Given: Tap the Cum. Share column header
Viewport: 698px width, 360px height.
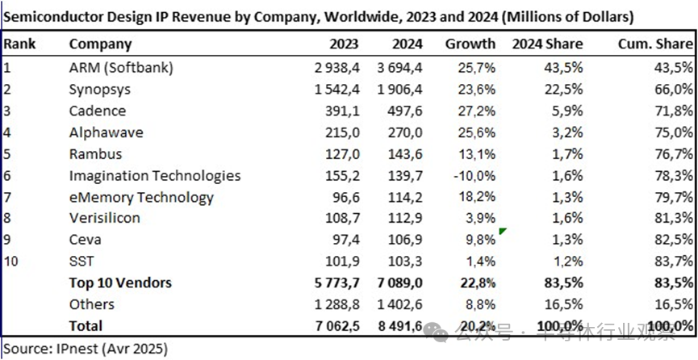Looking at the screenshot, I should click(x=656, y=44).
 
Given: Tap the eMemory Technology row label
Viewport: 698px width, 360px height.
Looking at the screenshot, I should click(x=141, y=197).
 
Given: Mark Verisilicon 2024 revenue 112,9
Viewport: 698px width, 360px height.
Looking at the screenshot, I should click(x=403, y=218).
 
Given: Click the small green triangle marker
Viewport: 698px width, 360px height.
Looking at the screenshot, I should click(x=503, y=232).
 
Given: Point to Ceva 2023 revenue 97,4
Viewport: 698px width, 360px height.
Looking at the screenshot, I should click(x=343, y=240).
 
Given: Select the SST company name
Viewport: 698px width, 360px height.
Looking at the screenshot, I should click(x=82, y=262).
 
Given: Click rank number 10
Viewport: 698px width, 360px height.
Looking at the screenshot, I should click(x=10, y=262).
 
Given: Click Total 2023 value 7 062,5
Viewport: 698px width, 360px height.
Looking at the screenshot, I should click(x=332, y=326).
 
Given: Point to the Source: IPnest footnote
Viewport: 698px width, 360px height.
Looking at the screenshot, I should click(x=84, y=349).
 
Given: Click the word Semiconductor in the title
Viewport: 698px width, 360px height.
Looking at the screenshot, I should click(x=50, y=15).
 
